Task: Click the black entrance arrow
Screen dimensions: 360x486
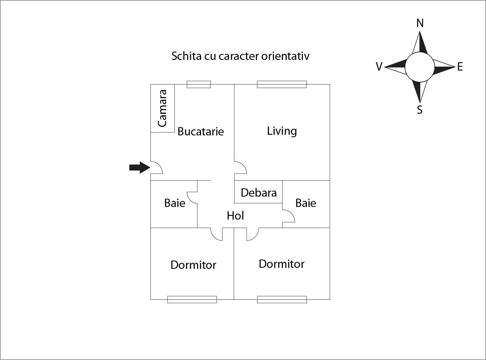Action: [139, 167]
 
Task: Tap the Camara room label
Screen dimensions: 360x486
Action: [162, 108]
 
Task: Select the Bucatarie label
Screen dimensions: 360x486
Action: [200, 131]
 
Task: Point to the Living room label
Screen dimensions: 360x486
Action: [282, 131]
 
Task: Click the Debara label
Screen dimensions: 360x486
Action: [259, 193]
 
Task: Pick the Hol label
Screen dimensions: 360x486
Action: [235, 216]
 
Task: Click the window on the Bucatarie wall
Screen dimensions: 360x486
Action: [198, 85]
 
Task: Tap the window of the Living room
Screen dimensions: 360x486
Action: [282, 85]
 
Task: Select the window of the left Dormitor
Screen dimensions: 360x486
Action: [192, 299]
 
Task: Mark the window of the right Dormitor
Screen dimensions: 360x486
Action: [282, 299]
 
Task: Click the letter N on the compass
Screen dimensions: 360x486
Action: [420, 23]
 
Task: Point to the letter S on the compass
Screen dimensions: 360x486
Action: [420, 109]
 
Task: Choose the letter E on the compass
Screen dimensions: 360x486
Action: [460, 67]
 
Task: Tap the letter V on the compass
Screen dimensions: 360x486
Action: [379, 67]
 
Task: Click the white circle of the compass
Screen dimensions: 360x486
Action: [420, 67]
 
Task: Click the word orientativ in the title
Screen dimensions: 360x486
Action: [285, 56]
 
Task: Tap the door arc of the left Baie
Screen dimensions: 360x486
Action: [192, 198]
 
